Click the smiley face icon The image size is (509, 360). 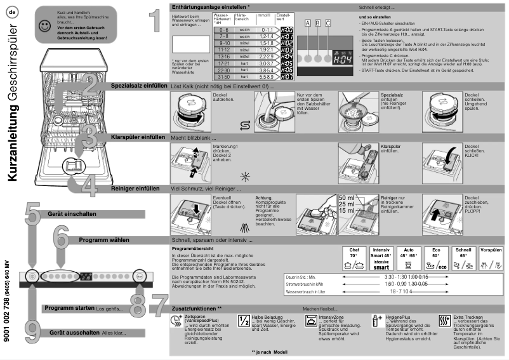(x=44, y=26)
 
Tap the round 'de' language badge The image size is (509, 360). (x=12, y=12)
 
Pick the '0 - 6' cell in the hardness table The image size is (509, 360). (x=224, y=30)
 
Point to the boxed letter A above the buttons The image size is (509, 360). (x=308, y=23)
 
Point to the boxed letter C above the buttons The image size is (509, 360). (x=327, y=23)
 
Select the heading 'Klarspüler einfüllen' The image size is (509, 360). (x=138, y=137)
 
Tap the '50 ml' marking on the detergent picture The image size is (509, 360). (x=347, y=198)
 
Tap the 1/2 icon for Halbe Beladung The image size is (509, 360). (x=244, y=321)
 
